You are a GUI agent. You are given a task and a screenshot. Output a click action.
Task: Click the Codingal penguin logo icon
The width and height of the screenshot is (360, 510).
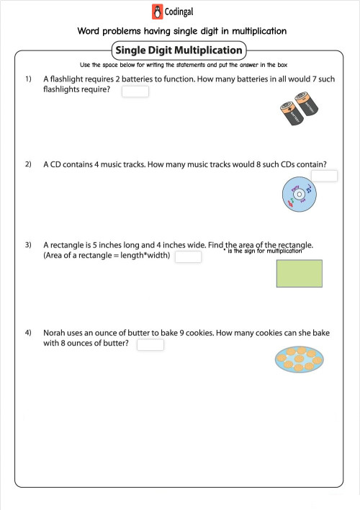click(x=158, y=12)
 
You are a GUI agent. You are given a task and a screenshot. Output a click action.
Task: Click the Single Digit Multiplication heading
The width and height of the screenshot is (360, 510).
click(x=179, y=50)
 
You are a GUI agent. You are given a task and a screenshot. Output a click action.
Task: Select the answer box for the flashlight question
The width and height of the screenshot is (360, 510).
click(x=135, y=91)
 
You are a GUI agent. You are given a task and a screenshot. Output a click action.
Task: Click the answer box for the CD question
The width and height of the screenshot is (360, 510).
click(x=323, y=176)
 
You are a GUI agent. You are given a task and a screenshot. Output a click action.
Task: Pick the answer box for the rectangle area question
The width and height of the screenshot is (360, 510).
click(x=188, y=257)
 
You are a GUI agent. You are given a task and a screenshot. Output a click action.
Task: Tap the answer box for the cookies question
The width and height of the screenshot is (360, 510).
click(x=150, y=344)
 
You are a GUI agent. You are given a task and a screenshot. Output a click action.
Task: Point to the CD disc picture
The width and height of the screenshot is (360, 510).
click(x=298, y=194)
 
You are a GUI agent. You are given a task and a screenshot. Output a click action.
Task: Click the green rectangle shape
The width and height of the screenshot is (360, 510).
click(x=299, y=274)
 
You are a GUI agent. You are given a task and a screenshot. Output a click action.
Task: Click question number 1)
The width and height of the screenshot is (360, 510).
click(x=29, y=78)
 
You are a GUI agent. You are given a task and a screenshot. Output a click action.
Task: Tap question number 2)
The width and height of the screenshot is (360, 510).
click(x=29, y=165)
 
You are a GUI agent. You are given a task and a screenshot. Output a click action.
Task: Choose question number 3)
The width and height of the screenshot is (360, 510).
click(x=29, y=245)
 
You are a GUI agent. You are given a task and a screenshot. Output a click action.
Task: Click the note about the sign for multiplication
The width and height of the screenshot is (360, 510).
click(x=264, y=251)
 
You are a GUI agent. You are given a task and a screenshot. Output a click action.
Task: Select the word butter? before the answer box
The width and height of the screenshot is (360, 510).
click(x=114, y=344)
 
